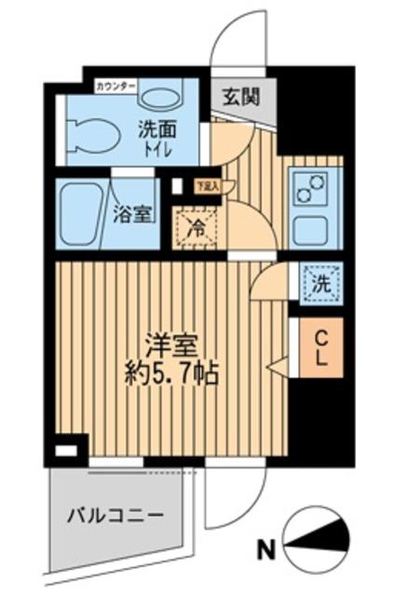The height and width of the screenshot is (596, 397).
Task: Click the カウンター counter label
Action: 116,87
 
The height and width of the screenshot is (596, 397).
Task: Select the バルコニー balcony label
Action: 116,515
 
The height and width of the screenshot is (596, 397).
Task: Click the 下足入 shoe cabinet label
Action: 206,185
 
